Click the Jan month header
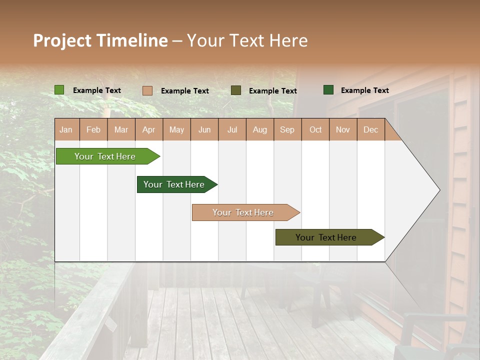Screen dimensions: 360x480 [66, 129]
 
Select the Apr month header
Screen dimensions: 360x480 [148, 129]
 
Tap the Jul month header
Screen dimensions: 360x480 [232, 129]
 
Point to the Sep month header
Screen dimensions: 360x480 [287, 129]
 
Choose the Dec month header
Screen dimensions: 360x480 [370, 129]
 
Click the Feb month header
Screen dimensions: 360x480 [93, 129]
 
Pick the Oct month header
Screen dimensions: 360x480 [315, 129]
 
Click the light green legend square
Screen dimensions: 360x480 [59, 90]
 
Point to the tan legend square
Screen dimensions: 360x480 [147, 90]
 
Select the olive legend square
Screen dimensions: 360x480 [236, 90]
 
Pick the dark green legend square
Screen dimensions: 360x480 [328, 90]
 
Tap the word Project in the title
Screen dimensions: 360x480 [61, 40]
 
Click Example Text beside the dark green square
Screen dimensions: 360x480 [364, 90]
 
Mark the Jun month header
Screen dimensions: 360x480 [204, 129]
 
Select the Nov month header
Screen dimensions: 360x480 [343, 129]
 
